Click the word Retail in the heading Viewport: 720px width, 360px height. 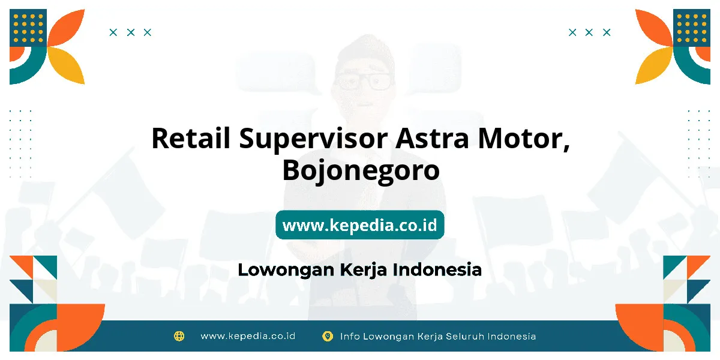(191, 139)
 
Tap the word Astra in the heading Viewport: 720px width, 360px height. (432, 139)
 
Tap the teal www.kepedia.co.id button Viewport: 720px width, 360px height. (360, 224)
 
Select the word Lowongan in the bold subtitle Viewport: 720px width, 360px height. (286, 270)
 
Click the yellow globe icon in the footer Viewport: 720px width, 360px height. (179, 336)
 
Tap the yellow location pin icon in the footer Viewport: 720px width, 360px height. (328, 336)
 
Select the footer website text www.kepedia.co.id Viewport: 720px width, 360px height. (248, 336)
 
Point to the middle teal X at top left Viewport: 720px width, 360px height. (131, 32)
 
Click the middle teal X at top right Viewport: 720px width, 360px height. (589, 32)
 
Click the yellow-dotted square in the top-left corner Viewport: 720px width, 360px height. (28, 28)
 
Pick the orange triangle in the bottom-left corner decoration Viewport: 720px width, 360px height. (23, 265)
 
